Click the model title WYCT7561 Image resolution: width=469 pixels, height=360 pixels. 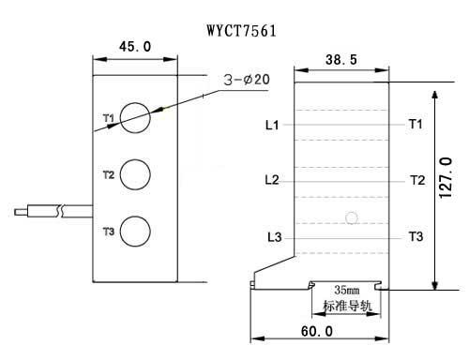[241, 29]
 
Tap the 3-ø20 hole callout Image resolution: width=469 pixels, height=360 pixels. [247, 81]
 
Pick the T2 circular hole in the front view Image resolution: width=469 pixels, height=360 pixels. [135, 174]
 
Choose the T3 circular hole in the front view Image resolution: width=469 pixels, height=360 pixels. [135, 231]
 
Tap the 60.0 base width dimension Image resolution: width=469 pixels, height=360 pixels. [316, 332]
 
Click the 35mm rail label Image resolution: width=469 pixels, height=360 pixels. [340, 292]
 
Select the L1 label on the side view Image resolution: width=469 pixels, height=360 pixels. [272, 124]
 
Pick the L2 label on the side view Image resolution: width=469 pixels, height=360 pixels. [272, 180]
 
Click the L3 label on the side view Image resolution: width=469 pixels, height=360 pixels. [274, 236]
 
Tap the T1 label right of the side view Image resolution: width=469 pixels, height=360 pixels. [416, 124]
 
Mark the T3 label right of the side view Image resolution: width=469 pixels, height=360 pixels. [416, 236]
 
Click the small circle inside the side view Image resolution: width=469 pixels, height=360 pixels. [352, 219]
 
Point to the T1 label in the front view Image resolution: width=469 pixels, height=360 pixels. [108, 118]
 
